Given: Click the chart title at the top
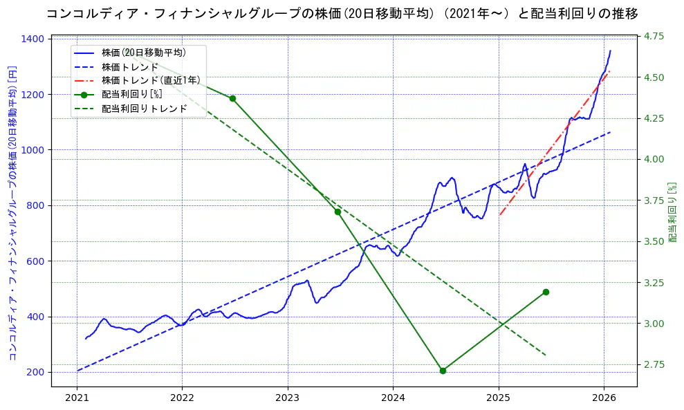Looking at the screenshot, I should pyautogui.click(x=342, y=13).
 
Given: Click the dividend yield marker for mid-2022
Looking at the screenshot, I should pyautogui.click(x=232, y=98).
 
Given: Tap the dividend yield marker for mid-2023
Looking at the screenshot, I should pyautogui.click(x=338, y=212).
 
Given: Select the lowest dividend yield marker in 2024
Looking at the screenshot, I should pyautogui.click(x=443, y=371).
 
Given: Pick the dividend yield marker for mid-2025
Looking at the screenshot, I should pyautogui.click(x=546, y=292).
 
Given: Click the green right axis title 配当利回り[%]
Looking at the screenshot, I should pyautogui.click(x=672, y=212).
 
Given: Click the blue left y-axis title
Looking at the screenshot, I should pyautogui.click(x=12, y=212).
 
